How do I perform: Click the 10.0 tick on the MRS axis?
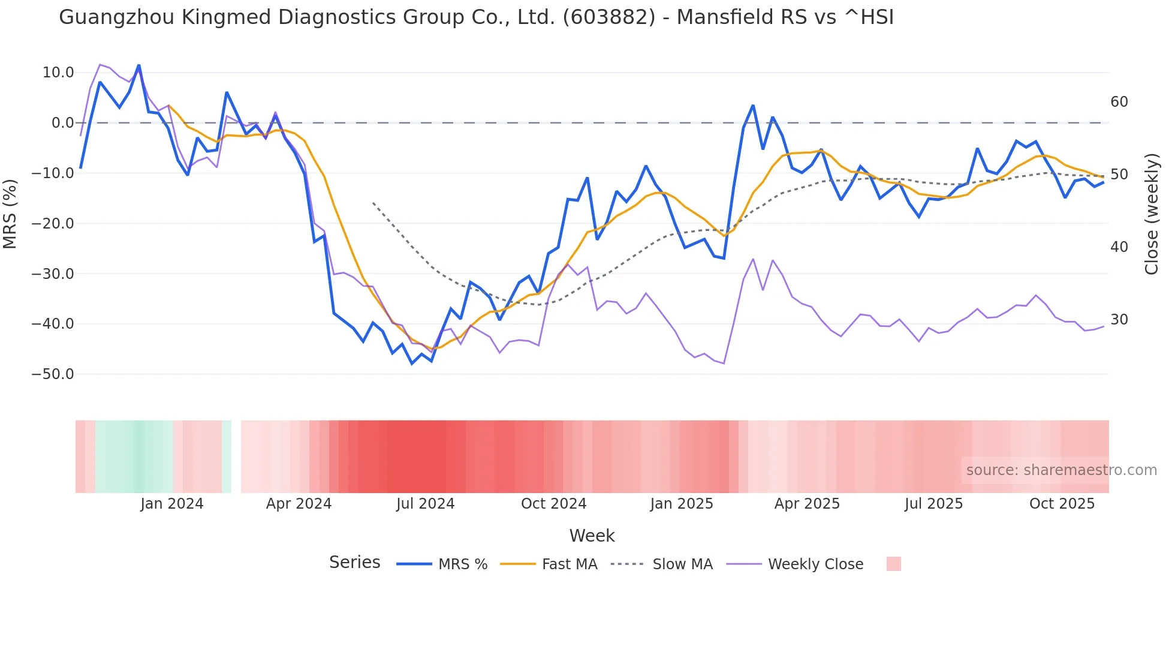(x=58, y=73)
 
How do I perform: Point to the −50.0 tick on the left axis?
(x=53, y=374)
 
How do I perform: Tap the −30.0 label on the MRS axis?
(x=53, y=274)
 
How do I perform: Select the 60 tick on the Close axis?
(x=1119, y=102)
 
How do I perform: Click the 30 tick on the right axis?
(x=1119, y=320)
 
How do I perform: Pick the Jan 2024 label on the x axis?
(x=172, y=504)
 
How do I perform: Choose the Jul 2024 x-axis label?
(x=425, y=504)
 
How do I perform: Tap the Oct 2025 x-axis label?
(x=1062, y=504)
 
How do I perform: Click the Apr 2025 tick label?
(x=807, y=504)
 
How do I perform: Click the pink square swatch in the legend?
(x=893, y=564)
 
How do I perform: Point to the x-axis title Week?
(x=592, y=536)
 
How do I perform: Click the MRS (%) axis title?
(x=10, y=214)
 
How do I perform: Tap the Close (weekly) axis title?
(x=1151, y=214)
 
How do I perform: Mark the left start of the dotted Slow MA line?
(x=373, y=203)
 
